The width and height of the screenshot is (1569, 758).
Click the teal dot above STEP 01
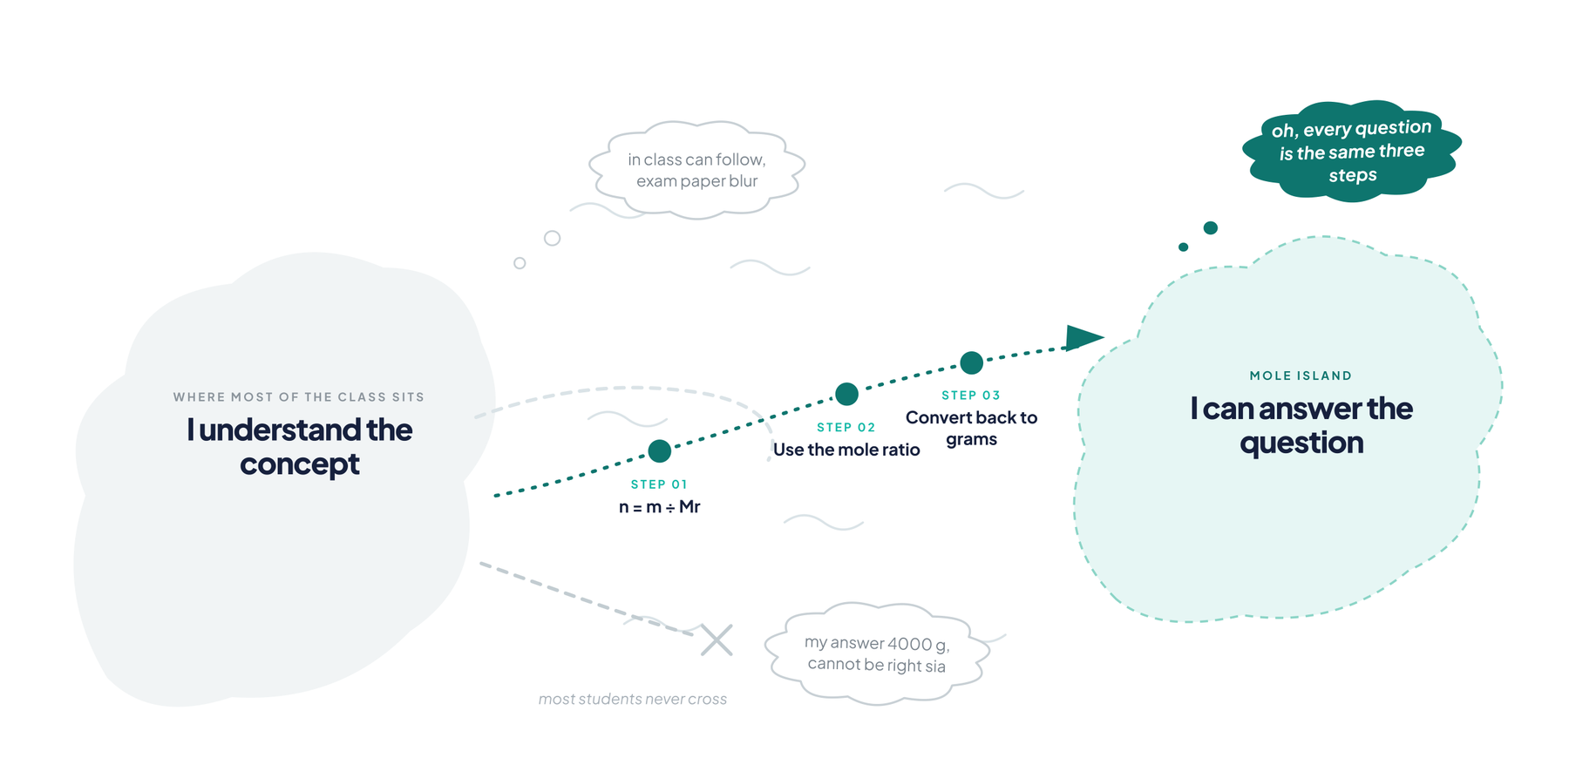point(660,450)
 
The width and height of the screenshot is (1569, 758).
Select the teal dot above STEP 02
point(846,394)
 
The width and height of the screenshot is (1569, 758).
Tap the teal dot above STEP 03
point(972,362)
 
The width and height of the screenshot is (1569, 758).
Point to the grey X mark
point(717,640)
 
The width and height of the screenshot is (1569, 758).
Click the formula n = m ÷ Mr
point(660,507)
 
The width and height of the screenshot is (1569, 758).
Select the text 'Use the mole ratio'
point(846,450)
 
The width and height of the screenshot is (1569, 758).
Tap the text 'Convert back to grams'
point(972,428)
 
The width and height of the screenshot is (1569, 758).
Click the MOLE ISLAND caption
point(1301,376)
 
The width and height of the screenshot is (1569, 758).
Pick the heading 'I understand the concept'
point(300,447)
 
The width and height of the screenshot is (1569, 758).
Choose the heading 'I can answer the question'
point(1301,425)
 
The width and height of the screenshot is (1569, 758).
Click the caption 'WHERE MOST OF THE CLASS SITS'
point(299,397)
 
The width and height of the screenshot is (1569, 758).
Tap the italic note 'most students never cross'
point(633,699)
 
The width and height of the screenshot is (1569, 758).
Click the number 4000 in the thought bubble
point(910,644)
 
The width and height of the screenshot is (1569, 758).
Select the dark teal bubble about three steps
point(1352,152)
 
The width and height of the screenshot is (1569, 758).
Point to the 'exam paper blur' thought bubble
point(696,170)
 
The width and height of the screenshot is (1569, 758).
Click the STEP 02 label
point(846,427)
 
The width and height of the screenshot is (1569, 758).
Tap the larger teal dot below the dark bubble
point(1211,228)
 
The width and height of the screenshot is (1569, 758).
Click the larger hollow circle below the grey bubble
point(552,238)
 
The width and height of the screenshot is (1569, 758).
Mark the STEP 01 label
point(660,484)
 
